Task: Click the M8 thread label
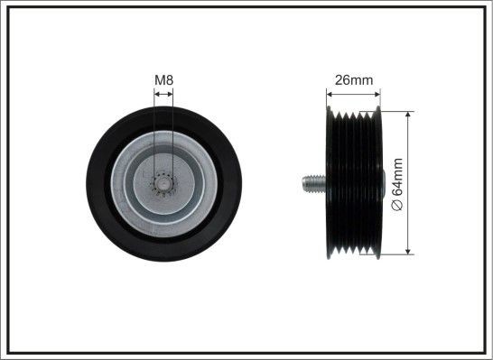click(163, 80)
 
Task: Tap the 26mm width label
click(353, 80)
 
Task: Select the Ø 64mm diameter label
click(397, 184)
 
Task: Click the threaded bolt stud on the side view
click(314, 184)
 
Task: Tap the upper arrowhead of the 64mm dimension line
click(408, 115)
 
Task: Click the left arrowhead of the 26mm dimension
click(330, 94)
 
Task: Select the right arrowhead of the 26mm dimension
click(377, 94)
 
